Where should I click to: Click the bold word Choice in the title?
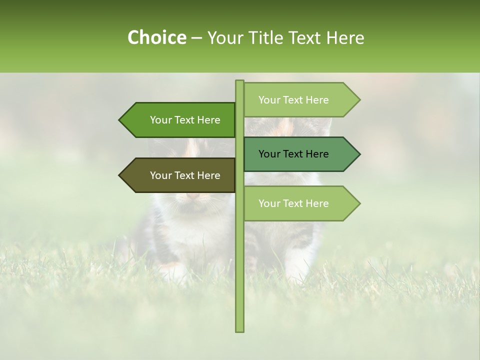pos(156,37)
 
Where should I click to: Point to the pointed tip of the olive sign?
pos(120,175)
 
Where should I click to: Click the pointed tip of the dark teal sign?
pos(358,154)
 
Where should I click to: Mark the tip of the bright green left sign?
pos(120,120)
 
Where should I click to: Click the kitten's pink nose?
pos(192,196)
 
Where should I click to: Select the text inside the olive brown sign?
pos(185,175)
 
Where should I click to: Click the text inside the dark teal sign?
pos(293,154)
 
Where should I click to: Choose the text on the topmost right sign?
pos(293,100)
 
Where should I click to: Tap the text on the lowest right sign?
pos(293,203)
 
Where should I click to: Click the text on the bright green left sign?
pos(185,120)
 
